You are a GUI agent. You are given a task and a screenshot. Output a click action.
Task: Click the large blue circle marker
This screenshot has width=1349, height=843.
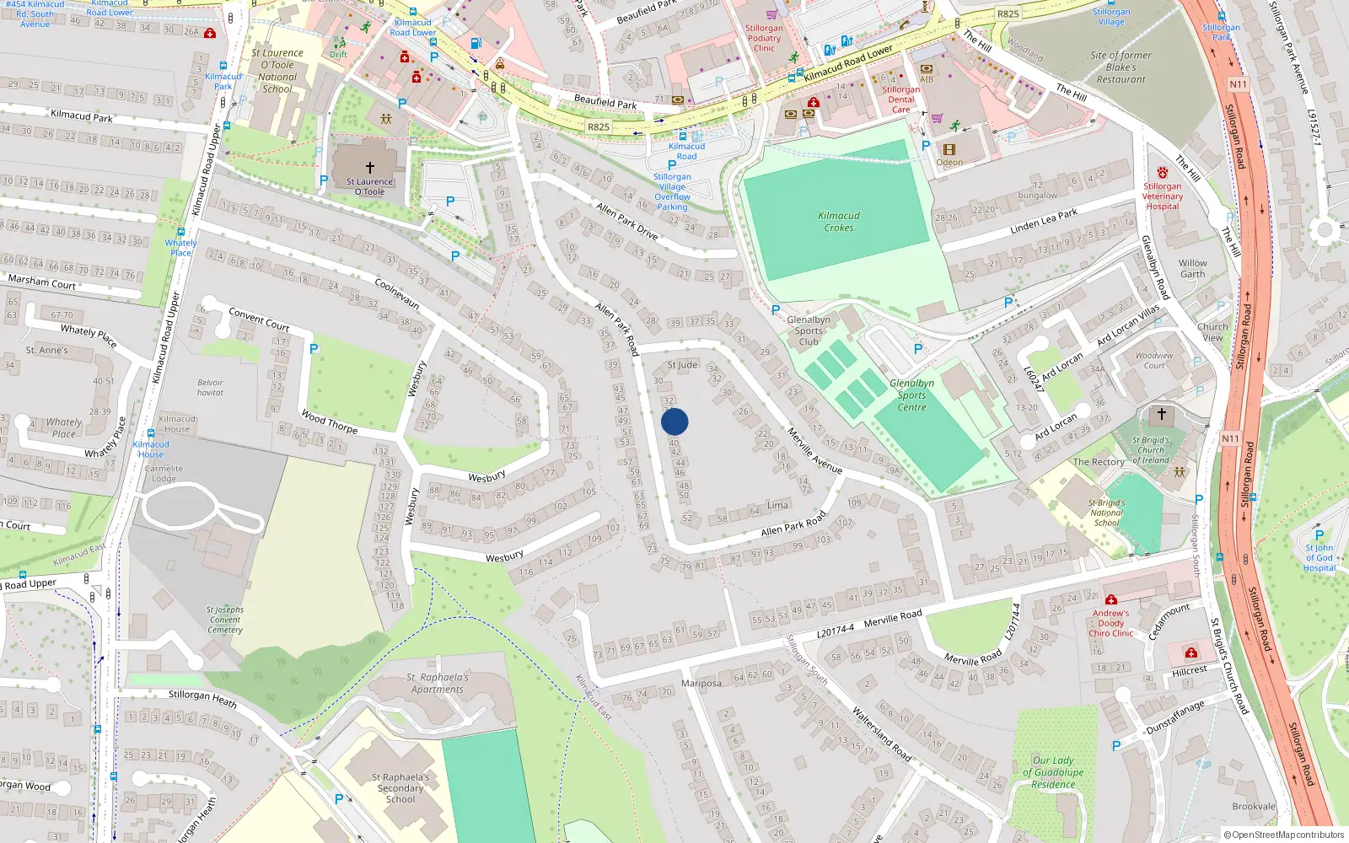coord(674,421)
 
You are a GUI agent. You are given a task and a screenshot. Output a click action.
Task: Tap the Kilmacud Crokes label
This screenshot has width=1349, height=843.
coord(839,222)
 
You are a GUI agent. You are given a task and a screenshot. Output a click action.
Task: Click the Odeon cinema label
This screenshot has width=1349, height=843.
coord(949,163)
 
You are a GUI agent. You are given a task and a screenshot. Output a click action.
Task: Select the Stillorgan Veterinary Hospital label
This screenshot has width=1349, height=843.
coord(1163,196)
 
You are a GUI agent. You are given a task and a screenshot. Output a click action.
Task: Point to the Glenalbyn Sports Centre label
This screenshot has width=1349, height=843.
coord(911,395)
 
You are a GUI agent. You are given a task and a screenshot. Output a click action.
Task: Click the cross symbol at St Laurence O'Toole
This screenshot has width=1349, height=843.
coord(369,168)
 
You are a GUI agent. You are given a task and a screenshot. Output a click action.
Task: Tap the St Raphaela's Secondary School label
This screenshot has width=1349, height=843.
coord(400,788)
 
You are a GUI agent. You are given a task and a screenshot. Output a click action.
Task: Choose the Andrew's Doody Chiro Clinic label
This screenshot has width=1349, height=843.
coord(1110,623)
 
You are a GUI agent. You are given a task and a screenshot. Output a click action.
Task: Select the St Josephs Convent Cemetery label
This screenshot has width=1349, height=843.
coord(225,620)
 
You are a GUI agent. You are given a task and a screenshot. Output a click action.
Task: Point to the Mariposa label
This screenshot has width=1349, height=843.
coord(701,683)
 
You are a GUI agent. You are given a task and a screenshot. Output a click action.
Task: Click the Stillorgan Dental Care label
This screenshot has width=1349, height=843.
coord(900,99)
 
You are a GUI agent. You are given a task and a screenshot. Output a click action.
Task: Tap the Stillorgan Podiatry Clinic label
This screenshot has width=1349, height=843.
coord(764,38)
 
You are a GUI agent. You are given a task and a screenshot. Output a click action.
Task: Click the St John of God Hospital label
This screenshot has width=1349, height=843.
coord(1319,557)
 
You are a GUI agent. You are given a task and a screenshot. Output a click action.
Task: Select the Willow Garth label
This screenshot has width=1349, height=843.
coord(1192,268)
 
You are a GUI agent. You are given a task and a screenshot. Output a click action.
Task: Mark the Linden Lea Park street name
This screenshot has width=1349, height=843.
coord(1044,222)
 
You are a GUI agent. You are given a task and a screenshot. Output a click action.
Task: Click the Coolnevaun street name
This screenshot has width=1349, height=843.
coord(397,293)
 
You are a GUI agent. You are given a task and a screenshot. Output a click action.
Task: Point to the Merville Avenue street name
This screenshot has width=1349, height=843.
coord(814,450)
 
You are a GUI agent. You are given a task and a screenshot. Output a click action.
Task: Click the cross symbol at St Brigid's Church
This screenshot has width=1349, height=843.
coord(1162,414)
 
